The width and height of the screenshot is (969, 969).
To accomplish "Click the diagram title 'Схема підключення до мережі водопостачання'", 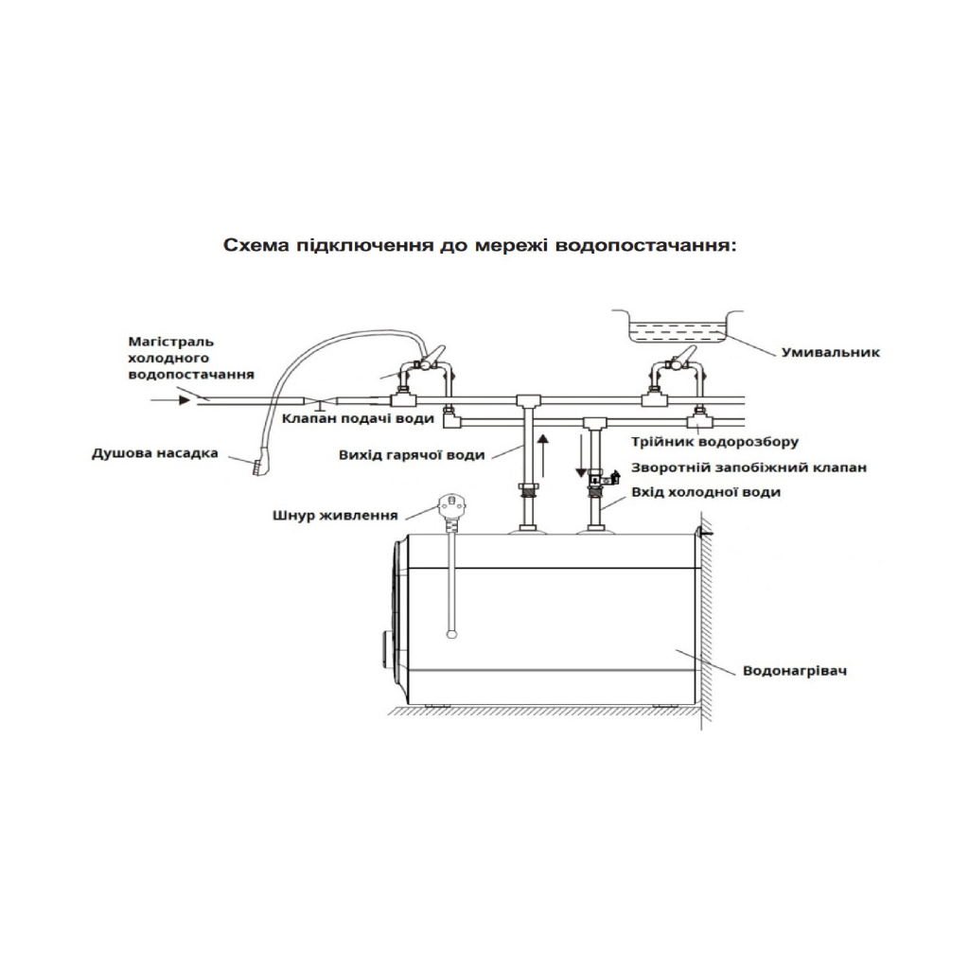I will (x=479, y=245).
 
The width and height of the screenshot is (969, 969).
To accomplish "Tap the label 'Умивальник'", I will (x=831, y=352).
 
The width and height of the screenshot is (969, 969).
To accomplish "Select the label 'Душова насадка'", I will (x=154, y=453).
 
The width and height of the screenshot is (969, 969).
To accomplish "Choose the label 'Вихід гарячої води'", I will (x=412, y=455).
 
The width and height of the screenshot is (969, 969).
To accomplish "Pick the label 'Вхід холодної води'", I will (x=706, y=492).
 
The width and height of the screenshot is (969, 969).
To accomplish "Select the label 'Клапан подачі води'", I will (x=359, y=417).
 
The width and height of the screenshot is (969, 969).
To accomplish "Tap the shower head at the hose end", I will (x=256, y=467).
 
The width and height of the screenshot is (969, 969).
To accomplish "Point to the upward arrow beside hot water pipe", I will (x=542, y=455).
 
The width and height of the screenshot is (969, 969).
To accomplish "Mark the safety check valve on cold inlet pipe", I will (x=597, y=481).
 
